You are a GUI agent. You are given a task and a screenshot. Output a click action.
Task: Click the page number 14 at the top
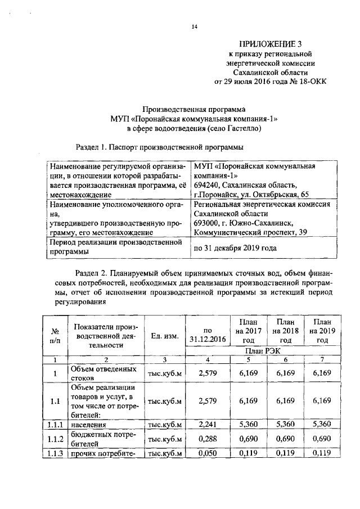[195, 26]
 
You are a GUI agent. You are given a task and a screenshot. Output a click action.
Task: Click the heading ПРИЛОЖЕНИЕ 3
[270, 43]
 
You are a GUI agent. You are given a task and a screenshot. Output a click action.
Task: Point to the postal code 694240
[206, 184]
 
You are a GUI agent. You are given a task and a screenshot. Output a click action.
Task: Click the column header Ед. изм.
[165, 336]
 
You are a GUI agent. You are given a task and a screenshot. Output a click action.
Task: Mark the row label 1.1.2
[55, 439]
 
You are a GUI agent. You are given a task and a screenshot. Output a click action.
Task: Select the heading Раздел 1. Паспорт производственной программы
[159, 147]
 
